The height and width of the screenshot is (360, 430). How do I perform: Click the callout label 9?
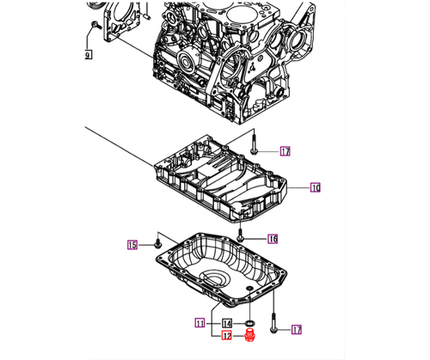(x=88, y=55)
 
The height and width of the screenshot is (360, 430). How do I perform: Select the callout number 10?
(x=315, y=186)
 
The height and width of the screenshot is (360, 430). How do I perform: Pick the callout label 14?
(x=227, y=323)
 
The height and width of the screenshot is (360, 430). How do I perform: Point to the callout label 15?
(x=133, y=245)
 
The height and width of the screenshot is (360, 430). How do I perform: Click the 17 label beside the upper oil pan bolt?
(x=285, y=151)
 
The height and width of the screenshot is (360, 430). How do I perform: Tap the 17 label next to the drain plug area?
(x=297, y=328)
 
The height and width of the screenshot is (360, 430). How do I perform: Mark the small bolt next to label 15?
(x=158, y=244)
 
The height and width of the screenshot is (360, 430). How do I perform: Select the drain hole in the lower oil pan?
(x=249, y=288)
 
